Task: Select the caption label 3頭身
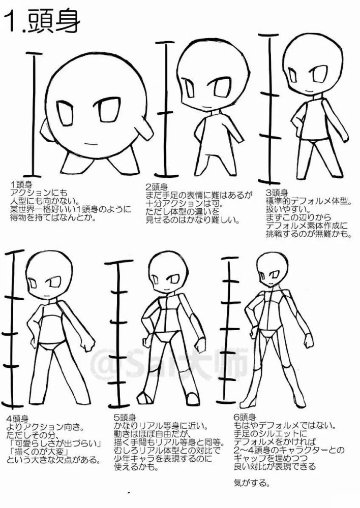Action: pos(277,193)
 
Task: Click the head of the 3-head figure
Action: pos(308,67)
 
